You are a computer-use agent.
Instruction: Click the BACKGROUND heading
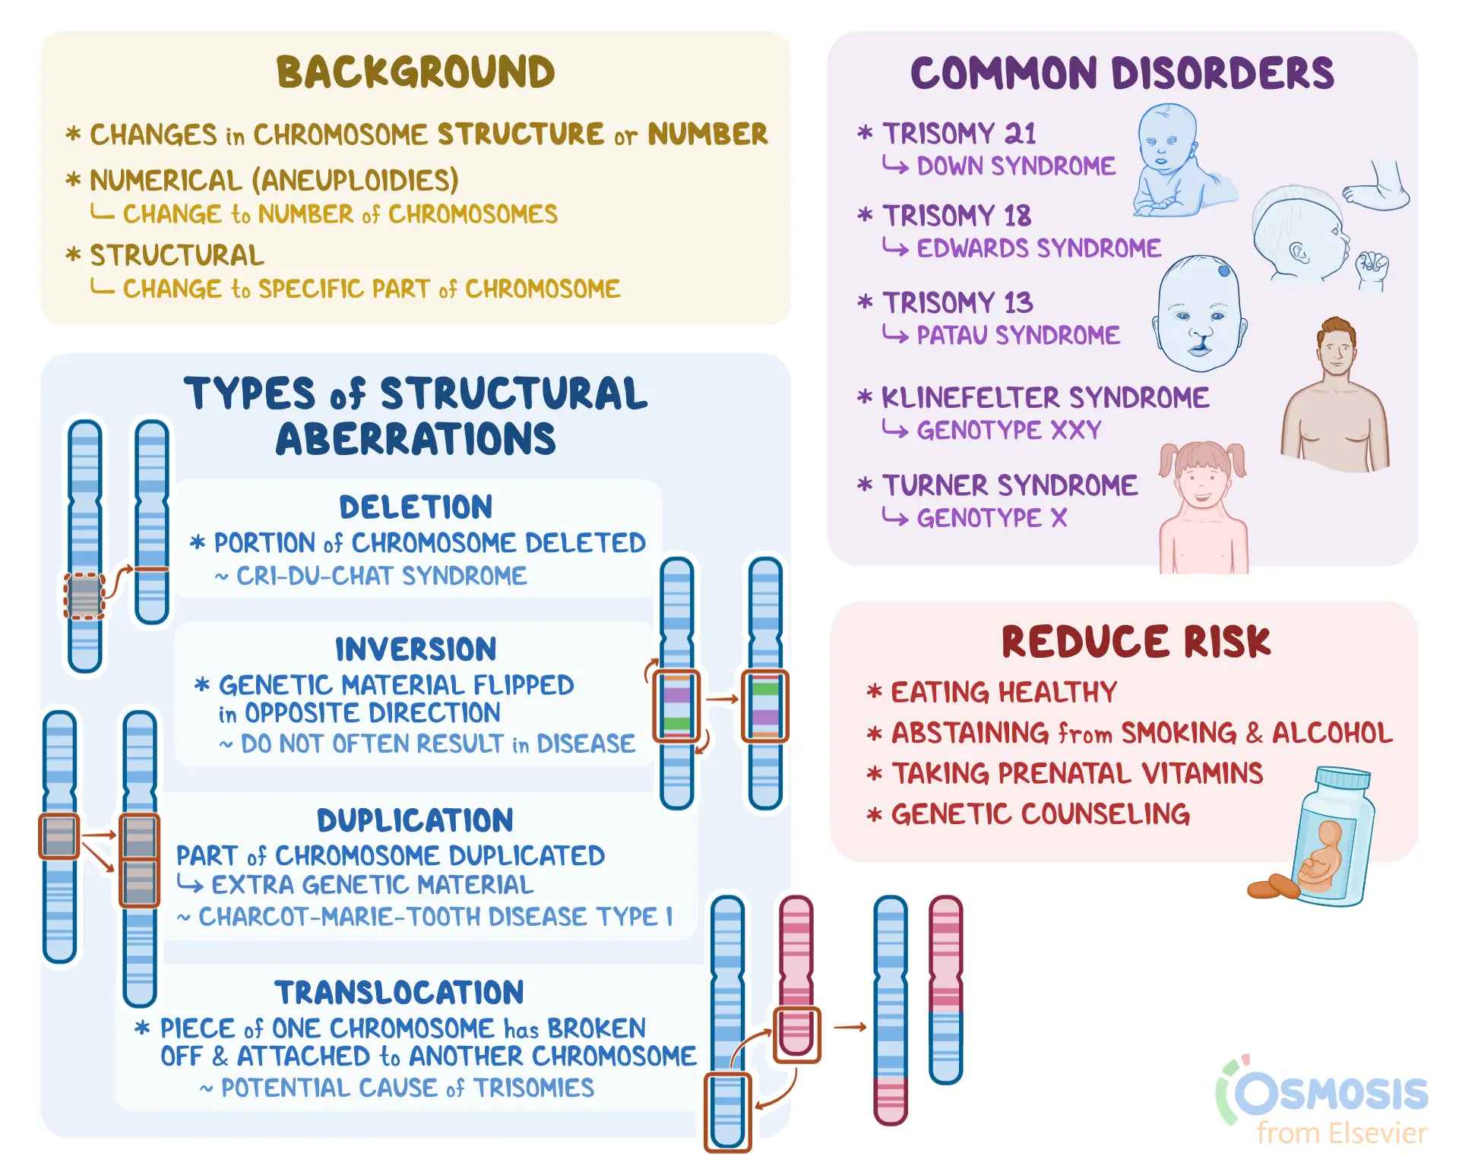416,72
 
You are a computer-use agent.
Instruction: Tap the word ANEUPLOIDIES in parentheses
355,181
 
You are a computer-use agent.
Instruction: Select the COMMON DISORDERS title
1122,73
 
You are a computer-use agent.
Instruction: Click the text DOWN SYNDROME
1016,166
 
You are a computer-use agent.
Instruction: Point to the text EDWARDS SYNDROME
1039,248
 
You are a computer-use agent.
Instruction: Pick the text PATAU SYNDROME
1018,335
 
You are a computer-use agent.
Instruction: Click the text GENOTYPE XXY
1009,430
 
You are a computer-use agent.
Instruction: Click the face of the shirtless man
1336,352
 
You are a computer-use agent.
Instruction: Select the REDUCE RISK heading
1136,642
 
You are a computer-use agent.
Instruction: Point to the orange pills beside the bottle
1274,887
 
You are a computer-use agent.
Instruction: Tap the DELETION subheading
416,507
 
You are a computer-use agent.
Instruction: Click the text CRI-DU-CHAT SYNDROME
381,576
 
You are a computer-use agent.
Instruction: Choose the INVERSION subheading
416,649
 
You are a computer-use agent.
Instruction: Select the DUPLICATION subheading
416,820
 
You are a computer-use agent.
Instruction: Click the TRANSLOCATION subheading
400,993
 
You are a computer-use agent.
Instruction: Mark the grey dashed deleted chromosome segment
84,596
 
